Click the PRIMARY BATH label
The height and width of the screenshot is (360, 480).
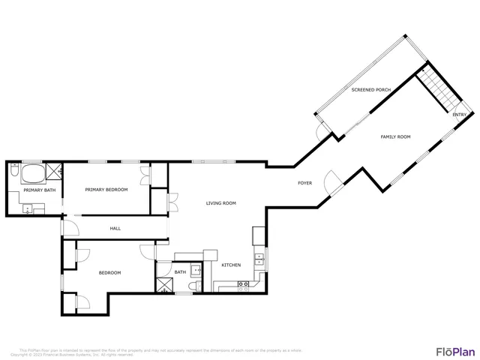(39, 190)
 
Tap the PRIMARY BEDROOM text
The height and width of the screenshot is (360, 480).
(106, 190)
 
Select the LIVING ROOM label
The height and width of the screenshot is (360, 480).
(221, 203)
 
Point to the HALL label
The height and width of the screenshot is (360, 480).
(115, 229)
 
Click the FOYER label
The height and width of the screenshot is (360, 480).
(305, 183)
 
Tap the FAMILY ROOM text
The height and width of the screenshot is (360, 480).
(396, 136)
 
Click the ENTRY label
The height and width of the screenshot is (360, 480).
(459, 115)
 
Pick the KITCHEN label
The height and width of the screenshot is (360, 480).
(230, 265)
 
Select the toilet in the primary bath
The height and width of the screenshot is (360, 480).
(14, 173)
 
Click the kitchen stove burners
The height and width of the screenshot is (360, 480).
(244, 283)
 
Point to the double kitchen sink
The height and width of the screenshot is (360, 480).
(259, 260)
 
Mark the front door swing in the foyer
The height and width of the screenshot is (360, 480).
(331, 180)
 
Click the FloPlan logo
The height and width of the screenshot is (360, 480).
(454, 350)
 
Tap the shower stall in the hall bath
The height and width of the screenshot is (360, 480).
(164, 284)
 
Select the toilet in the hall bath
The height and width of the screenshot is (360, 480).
(193, 286)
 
